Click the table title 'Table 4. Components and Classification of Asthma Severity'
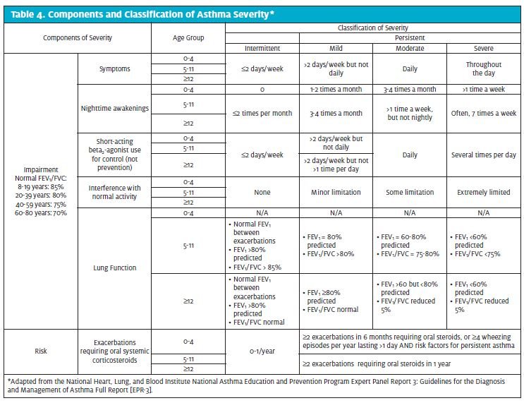(142, 14)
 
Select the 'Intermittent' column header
(262, 48)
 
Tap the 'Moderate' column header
(410, 48)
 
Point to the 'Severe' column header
(484, 48)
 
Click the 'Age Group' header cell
(188, 38)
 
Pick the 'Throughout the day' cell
(484, 68)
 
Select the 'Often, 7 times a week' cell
(484, 114)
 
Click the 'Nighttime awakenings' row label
(115, 109)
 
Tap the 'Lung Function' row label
(115, 267)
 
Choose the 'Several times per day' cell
(484, 155)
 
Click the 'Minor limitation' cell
(336, 192)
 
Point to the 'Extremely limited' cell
(484, 192)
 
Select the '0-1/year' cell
(262, 351)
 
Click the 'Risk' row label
(41, 351)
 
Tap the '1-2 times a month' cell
(336, 90)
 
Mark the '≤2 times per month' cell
(262, 114)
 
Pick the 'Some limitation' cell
(410, 192)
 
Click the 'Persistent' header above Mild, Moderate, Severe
(410, 38)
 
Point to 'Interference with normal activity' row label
(115, 192)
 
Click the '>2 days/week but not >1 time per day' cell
(336, 165)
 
